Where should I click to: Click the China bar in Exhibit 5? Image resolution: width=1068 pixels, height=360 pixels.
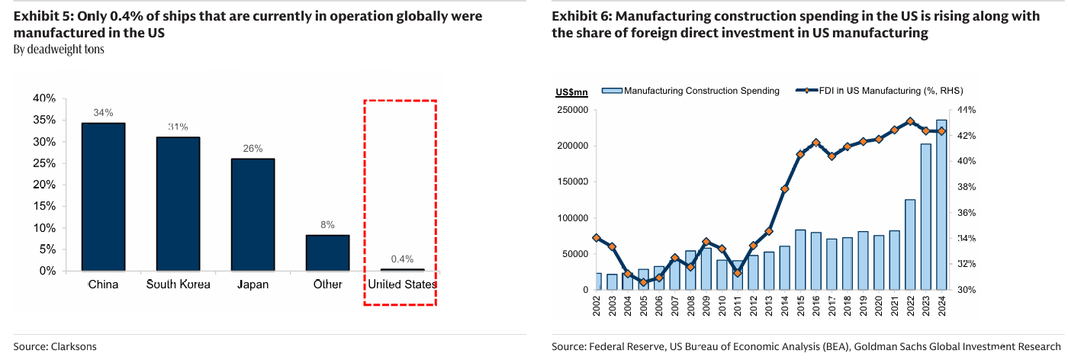pos(103,197)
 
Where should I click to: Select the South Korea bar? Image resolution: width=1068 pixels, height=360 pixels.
pos(178,204)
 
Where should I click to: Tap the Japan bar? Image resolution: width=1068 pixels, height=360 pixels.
pos(253,214)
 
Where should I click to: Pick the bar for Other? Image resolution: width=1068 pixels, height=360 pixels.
pos(327,252)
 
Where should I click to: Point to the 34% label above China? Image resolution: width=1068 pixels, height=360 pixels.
pos(103,112)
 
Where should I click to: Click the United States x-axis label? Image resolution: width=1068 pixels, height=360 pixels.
pos(402,284)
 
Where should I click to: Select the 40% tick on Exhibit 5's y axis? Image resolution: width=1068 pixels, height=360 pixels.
pos(44,98)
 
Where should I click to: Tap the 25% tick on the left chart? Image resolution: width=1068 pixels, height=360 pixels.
pos(44,163)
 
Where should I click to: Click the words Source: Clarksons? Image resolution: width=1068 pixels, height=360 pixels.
pos(55,346)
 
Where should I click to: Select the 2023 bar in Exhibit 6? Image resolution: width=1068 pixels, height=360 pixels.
pos(925,217)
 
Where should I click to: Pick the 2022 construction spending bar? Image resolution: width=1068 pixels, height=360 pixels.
pos(910,244)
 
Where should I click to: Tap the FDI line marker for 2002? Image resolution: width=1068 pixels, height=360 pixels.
pos(597,238)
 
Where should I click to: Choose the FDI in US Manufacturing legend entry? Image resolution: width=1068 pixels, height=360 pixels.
pos(885,91)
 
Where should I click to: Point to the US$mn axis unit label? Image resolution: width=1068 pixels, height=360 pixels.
pos(571,92)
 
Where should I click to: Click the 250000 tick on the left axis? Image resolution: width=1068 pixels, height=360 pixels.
pos(571,110)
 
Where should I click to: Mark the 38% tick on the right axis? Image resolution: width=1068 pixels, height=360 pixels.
pos(967,187)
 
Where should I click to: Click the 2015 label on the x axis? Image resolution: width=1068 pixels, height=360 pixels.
pos(800,303)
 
